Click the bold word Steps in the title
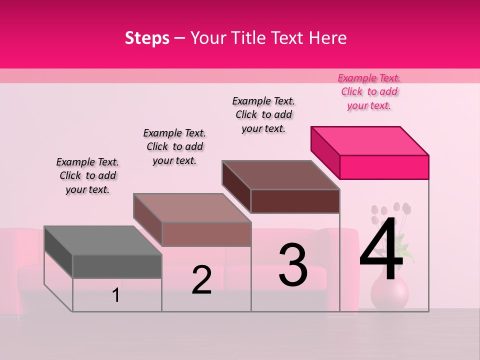(147, 38)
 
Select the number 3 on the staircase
(293, 265)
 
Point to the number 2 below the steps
(201, 280)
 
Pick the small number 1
(115, 295)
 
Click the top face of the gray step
(103, 240)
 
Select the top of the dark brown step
(281, 175)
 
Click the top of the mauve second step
(192, 208)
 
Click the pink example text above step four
(369, 91)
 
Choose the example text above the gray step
(87, 175)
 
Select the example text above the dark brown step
(263, 114)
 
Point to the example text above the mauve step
(174, 146)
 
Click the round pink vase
(389, 292)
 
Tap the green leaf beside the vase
(406, 252)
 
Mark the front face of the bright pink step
(384, 167)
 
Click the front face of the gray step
(117, 266)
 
